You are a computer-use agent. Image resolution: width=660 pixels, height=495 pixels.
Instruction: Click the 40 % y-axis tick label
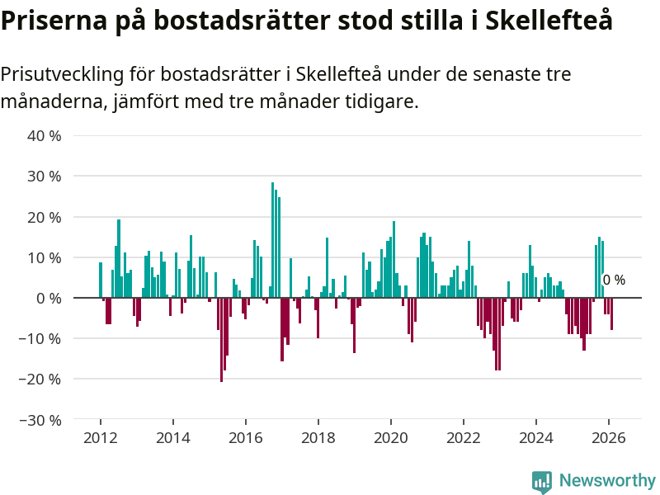click(x=44, y=135)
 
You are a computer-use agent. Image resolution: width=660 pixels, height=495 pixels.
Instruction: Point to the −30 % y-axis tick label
click(x=40, y=420)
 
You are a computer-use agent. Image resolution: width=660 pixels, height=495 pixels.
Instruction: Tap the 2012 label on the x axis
click(x=100, y=438)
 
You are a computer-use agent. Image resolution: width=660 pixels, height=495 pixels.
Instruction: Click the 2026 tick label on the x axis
click(x=608, y=438)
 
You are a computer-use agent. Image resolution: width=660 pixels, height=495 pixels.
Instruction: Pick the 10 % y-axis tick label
click(x=44, y=257)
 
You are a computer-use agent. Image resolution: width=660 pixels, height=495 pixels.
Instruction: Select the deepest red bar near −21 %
click(x=221, y=338)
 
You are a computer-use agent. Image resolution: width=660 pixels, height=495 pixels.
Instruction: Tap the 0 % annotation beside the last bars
click(x=614, y=280)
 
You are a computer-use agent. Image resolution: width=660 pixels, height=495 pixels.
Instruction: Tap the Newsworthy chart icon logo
click(x=542, y=482)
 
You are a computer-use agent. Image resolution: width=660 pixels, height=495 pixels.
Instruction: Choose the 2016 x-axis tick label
click(x=245, y=438)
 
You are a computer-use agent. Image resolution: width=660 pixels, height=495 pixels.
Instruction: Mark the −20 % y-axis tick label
click(x=40, y=379)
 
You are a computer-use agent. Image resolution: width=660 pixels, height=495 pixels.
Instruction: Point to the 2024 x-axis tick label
click(x=535, y=438)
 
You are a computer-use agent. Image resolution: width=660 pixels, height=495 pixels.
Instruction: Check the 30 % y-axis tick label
click(x=44, y=176)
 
